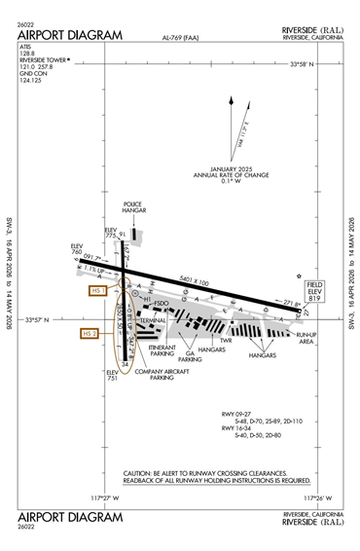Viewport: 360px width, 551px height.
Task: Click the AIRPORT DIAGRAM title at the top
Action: point(70,35)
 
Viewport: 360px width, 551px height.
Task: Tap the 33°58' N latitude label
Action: point(312,65)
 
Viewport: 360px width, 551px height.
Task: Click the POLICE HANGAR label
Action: point(133,208)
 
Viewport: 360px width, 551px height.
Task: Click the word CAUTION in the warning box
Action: point(137,473)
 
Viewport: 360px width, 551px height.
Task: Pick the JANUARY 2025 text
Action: point(232,167)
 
